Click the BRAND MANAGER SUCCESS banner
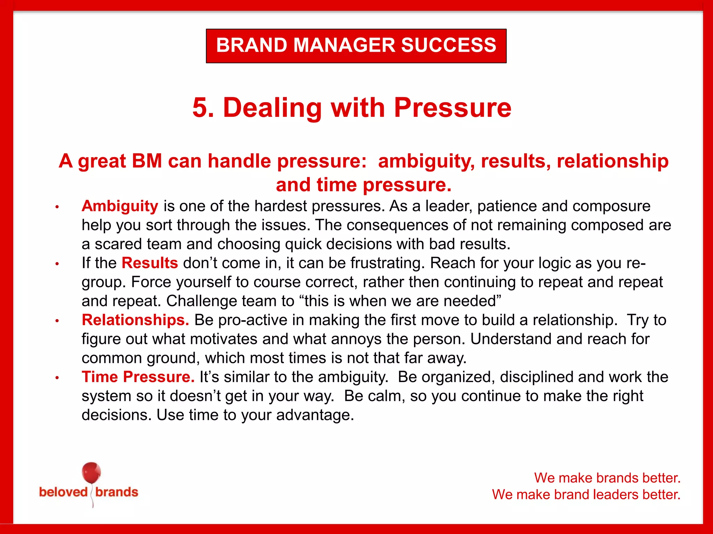coord(356,46)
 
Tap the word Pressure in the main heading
coord(452,107)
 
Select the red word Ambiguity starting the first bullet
coord(120,206)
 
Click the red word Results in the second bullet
coord(150,263)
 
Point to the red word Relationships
coord(135,320)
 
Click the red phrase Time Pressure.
coord(138,377)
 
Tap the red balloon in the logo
coord(91,473)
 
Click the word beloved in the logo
coord(63,492)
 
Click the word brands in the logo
coord(117,492)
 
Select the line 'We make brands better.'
coord(607,478)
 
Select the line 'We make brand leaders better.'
coord(586,494)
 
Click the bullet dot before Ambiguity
coord(57,207)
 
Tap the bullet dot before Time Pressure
coord(57,378)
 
